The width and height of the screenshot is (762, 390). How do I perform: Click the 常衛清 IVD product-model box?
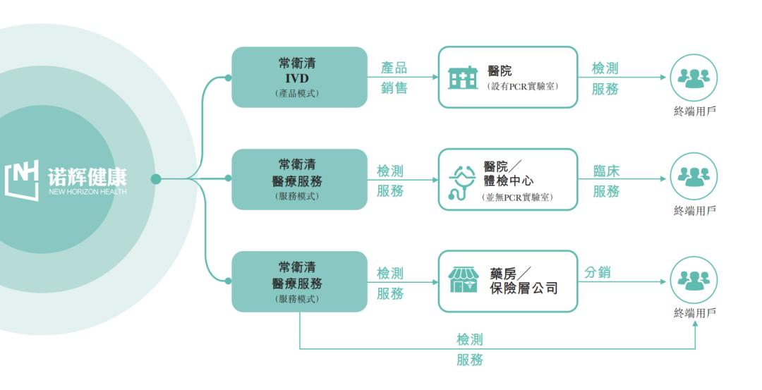coord(300,78)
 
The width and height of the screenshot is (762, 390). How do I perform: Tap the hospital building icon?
coord(463,78)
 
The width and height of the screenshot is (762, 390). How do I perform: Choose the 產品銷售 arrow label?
coord(394,78)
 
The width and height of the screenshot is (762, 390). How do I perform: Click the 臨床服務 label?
coord(606,181)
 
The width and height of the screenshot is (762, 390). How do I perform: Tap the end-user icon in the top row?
coord(694,78)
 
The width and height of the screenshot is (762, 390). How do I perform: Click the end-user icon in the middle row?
coord(694,179)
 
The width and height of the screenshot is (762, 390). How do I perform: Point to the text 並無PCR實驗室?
coord(519,197)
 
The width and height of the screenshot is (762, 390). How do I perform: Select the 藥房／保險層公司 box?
coord(508,281)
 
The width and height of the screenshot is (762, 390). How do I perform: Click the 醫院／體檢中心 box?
coord(508,180)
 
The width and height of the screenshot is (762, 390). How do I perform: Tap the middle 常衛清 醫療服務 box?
coord(300,180)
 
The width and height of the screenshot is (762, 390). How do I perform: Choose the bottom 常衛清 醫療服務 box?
coord(300,281)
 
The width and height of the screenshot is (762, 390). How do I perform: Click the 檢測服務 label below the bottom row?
coord(470,350)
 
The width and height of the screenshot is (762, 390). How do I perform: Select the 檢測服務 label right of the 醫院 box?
coord(605,78)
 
